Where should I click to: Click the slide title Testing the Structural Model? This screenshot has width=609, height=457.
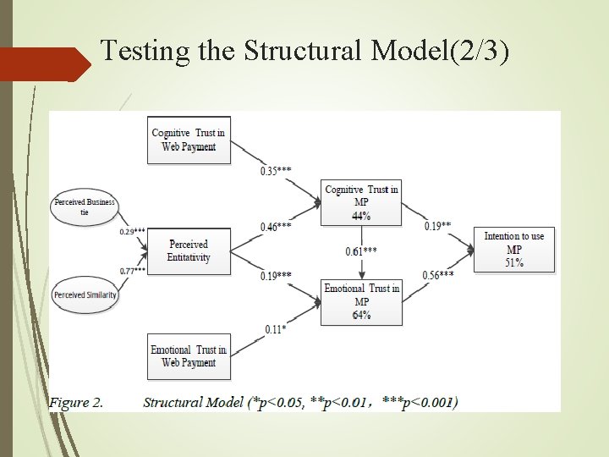[304, 51]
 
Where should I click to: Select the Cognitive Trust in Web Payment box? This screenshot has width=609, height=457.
[189, 140]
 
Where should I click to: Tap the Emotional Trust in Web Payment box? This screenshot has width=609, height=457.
[189, 356]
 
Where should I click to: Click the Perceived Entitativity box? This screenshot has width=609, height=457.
[189, 251]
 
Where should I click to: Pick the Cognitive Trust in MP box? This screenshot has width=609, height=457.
[361, 202]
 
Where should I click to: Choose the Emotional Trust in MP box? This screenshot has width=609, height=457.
[361, 301]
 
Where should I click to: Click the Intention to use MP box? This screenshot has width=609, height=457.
[514, 249]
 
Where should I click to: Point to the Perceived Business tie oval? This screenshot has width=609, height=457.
[85, 207]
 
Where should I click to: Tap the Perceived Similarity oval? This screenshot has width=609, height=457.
[85, 295]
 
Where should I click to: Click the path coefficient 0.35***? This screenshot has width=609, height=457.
[276, 171]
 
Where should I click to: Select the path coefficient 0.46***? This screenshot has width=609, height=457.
[276, 227]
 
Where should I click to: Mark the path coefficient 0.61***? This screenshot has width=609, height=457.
[361, 251]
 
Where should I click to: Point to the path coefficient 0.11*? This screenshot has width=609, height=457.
[275, 329]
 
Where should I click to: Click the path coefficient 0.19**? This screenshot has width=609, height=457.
[437, 227]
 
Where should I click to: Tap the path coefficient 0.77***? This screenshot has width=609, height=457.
[132, 271]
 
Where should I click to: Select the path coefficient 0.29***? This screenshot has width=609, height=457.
[132, 231]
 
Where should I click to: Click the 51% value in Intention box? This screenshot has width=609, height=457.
[514, 262]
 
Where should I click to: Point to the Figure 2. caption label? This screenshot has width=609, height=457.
[76, 402]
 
